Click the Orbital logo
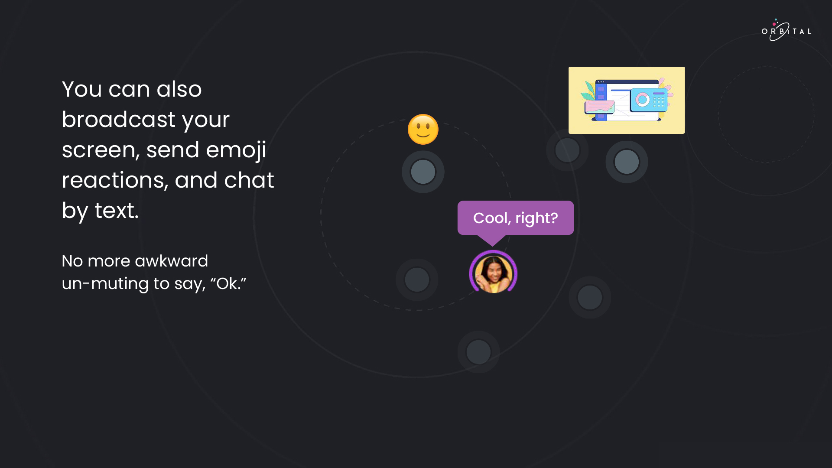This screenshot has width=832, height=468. tap(786, 30)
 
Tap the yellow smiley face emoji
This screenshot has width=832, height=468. tap(423, 129)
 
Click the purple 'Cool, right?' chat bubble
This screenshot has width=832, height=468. tap(516, 218)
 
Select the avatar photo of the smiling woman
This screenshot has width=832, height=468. tap(493, 272)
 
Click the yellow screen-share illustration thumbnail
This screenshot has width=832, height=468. tap(627, 100)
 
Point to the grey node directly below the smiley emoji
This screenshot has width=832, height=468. tap(423, 172)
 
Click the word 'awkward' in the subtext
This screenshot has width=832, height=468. tap(171, 261)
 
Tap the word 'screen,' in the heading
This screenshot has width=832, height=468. tap(101, 150)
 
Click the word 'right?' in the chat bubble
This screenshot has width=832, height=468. tap(536, 218)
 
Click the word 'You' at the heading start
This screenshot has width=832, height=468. tap(81, 89)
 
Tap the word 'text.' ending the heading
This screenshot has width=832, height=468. tap(117, 211)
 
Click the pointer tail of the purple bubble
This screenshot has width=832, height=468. tap(492, 240)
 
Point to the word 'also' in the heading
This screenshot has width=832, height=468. tap(179, 89)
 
